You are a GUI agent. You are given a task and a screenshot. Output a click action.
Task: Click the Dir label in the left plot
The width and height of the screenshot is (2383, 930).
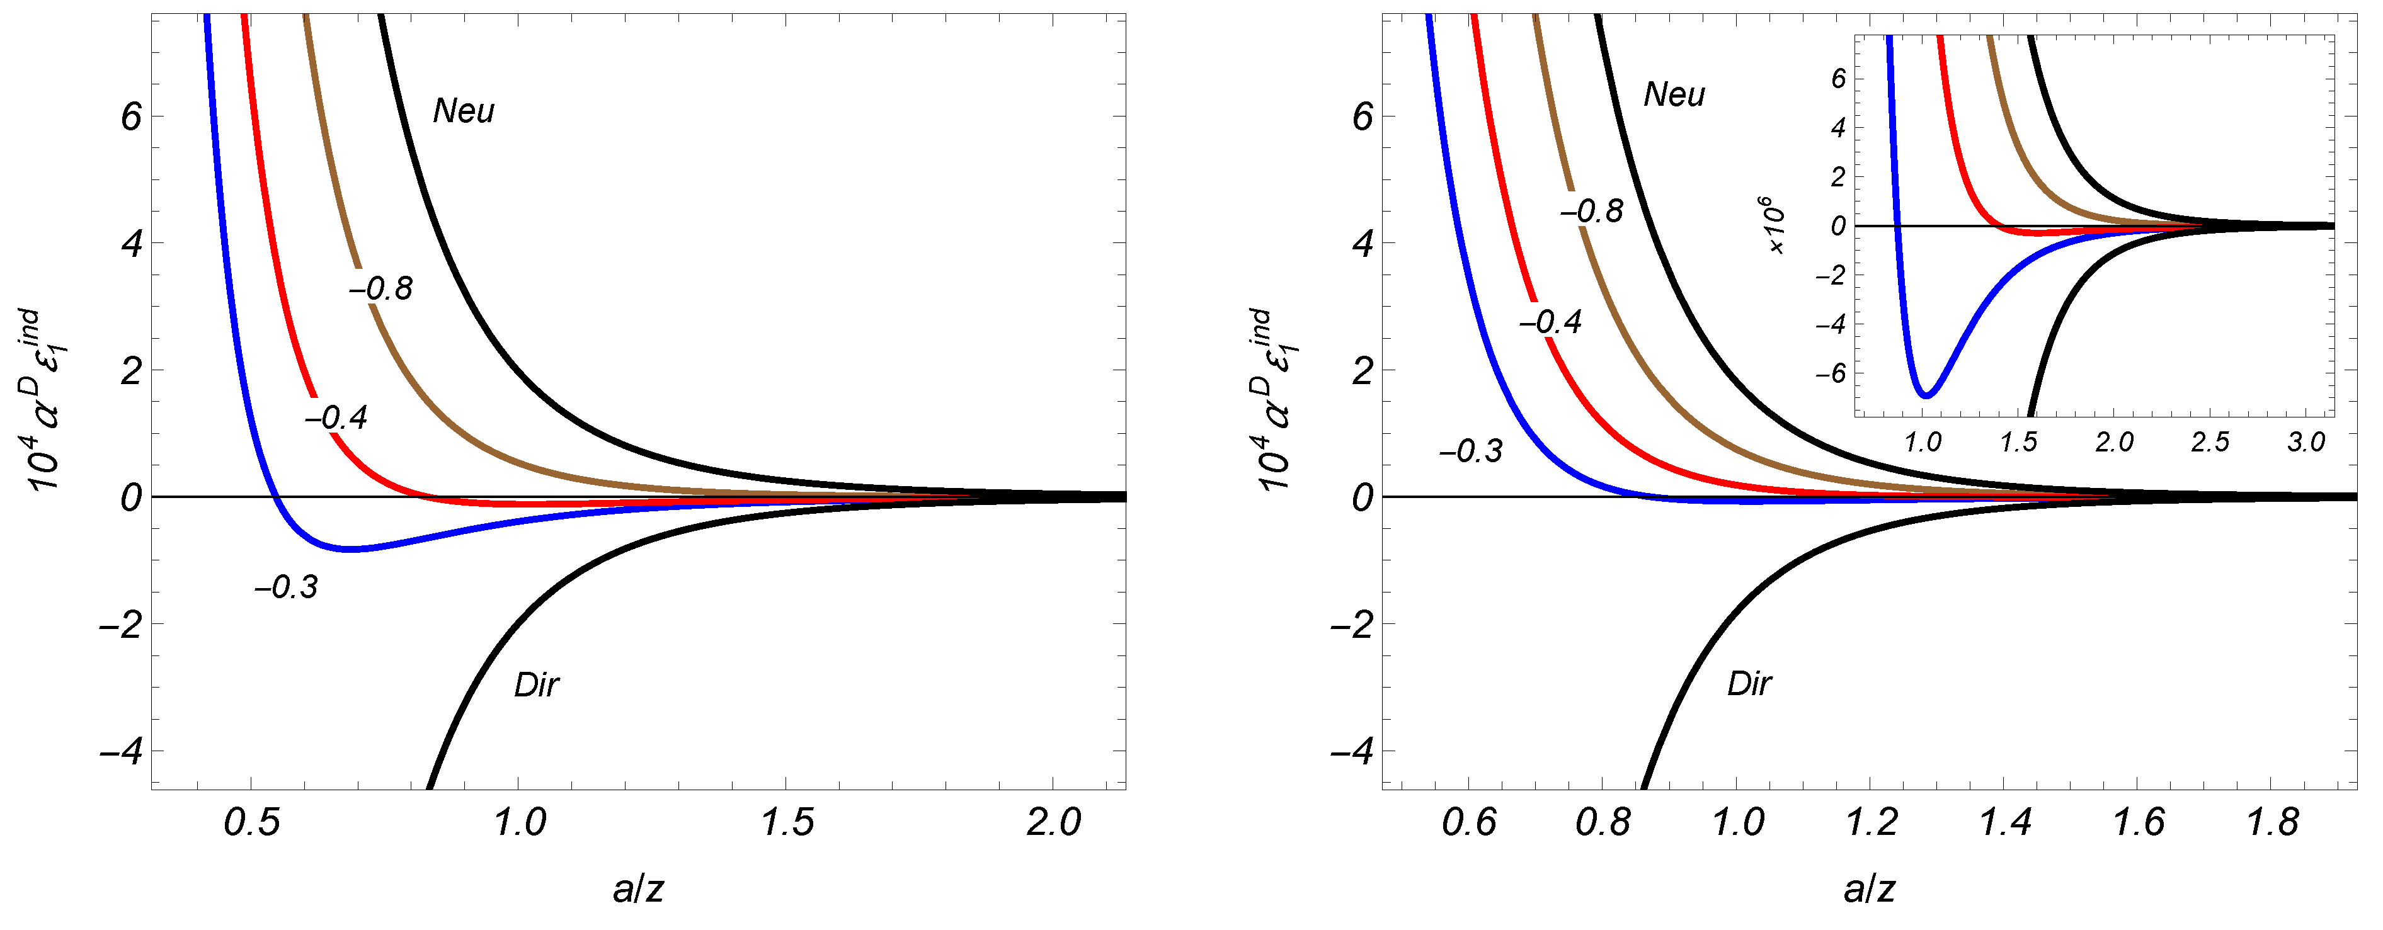coord(537,685)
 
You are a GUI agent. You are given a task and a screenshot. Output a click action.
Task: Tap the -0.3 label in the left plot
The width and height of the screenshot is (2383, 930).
coord(287,587)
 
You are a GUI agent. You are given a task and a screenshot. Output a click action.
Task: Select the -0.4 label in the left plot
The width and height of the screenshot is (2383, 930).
coord(336,418)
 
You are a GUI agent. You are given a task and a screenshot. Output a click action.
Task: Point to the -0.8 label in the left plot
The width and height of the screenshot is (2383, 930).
coord(381,290)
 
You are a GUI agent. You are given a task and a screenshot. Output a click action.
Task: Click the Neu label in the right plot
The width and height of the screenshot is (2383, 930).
coord(1674,95)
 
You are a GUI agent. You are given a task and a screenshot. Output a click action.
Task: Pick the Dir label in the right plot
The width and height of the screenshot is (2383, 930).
coord(1749,684)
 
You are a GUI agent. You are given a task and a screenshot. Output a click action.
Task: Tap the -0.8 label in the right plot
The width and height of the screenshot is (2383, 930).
coord(1592,212)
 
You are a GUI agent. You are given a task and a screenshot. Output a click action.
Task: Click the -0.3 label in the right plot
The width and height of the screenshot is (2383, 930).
coord(1471,451)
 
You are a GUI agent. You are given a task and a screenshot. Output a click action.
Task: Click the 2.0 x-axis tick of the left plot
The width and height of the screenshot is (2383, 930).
coord(1054,822)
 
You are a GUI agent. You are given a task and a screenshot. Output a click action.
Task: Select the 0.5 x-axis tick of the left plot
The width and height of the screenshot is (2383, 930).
coord(251,822)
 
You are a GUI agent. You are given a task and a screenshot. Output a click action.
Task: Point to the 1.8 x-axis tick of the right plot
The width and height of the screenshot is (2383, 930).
coord(2273,822)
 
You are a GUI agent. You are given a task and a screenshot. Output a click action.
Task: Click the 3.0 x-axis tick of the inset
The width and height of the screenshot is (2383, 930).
coord(2306,442)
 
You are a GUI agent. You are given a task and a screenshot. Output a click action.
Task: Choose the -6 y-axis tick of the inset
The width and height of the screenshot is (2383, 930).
coord(1830,373)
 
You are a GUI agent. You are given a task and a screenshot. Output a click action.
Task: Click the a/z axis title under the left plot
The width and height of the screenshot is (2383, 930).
coord(638,889)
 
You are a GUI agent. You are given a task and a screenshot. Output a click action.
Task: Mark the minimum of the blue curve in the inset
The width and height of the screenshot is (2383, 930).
coord(1927,395)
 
